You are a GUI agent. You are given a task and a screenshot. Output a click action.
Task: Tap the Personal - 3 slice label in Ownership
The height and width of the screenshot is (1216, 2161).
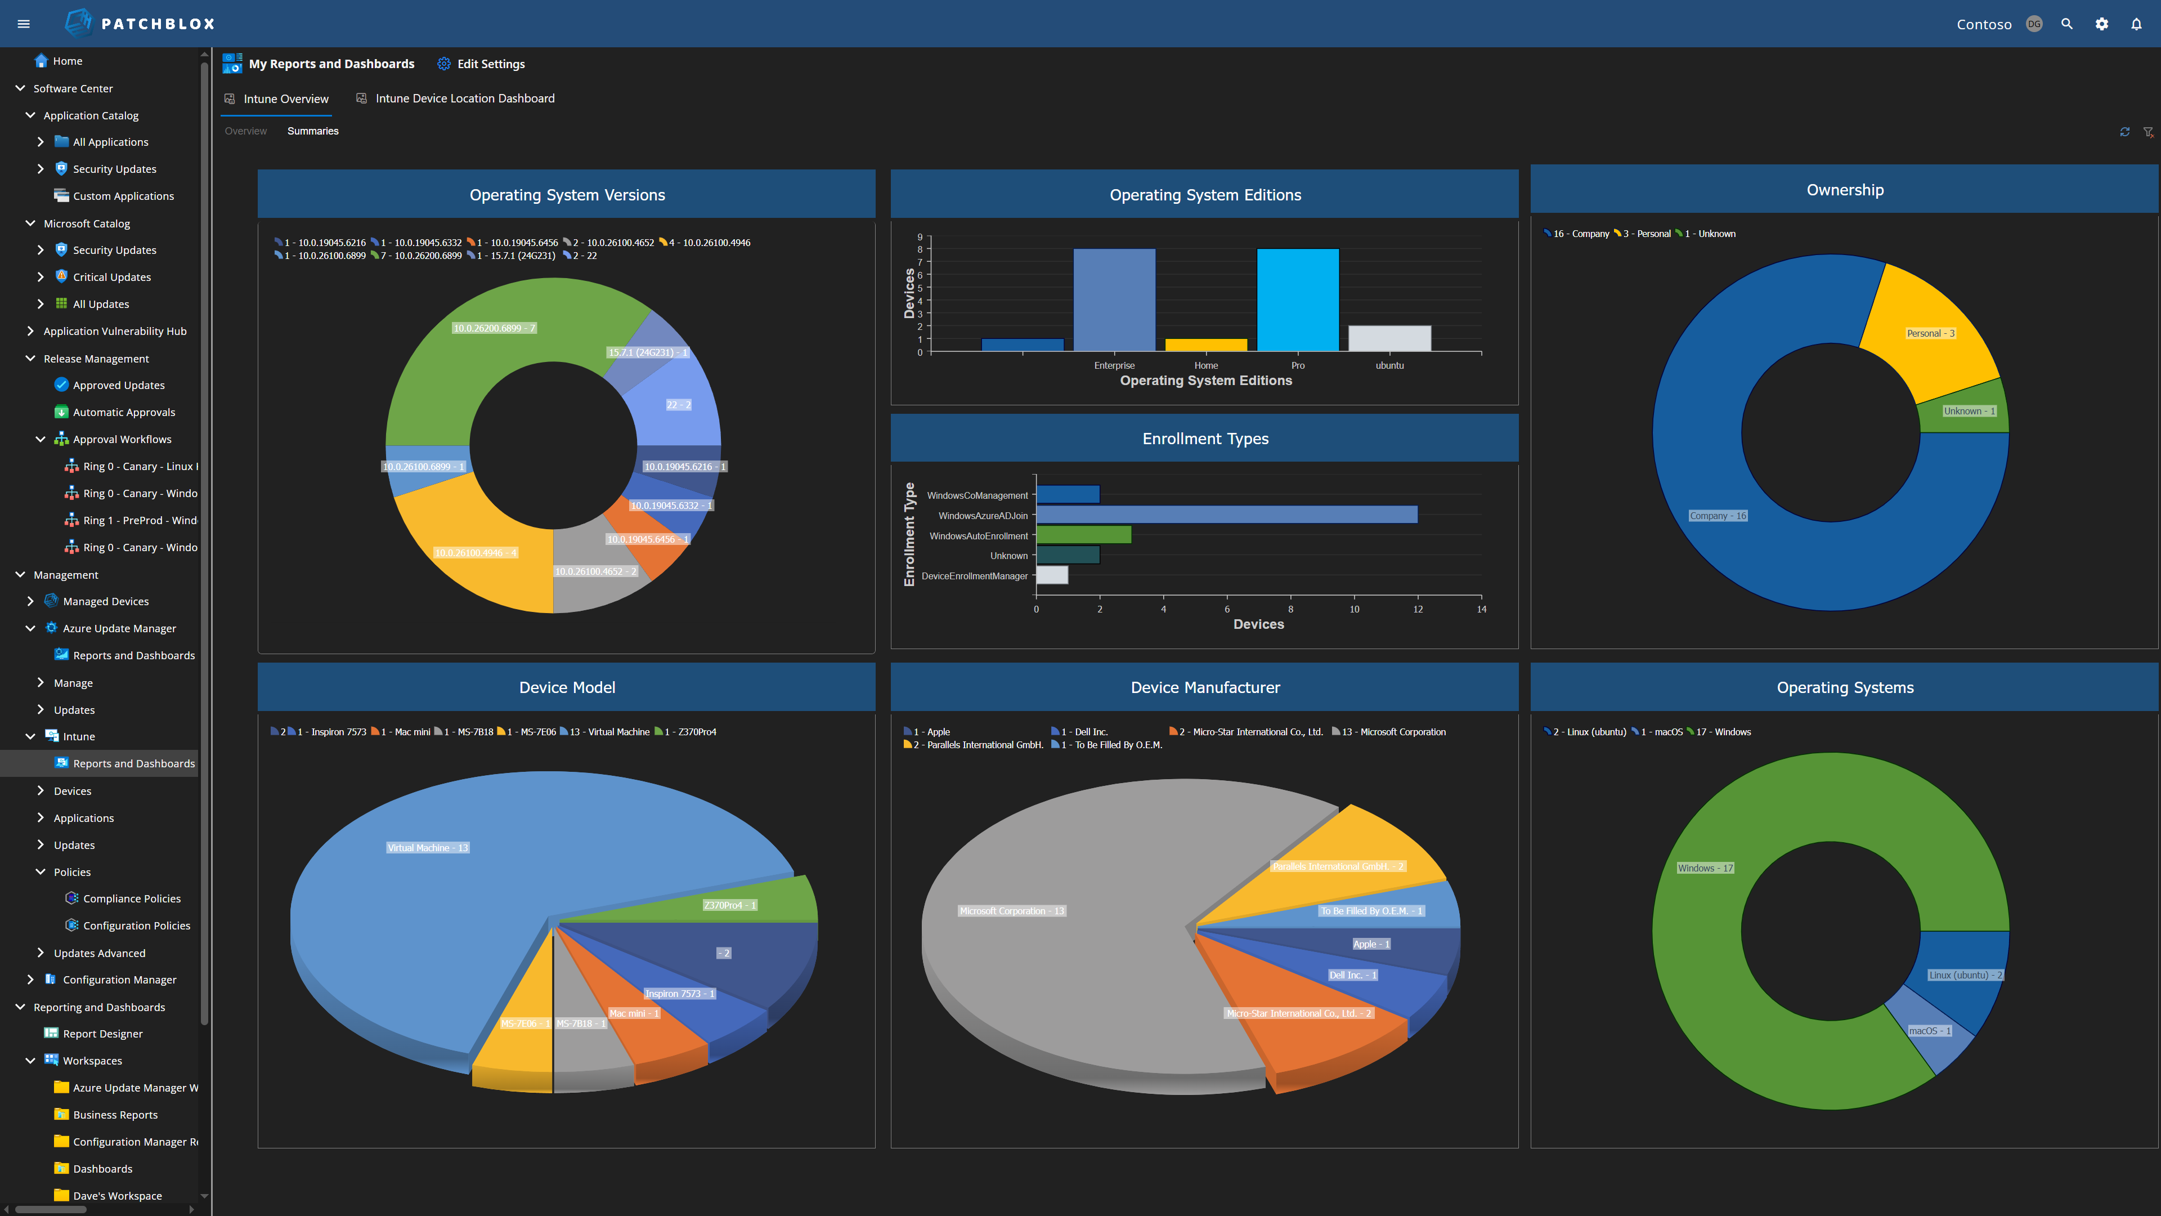1930,333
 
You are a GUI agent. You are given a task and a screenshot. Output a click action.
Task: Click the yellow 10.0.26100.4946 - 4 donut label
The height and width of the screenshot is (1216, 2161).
476,552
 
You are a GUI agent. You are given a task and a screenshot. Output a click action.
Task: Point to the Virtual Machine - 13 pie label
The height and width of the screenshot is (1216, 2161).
428,848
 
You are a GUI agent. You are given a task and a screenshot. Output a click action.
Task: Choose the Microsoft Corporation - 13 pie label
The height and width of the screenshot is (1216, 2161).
1012,910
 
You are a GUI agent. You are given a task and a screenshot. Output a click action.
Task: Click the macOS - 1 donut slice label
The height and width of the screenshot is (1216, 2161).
1930,1031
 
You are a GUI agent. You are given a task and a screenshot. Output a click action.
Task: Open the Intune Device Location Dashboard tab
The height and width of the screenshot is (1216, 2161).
465,98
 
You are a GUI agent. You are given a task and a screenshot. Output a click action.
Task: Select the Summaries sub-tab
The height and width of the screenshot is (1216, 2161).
313,131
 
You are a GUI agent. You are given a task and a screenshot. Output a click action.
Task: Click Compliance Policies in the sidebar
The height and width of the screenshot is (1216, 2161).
132,899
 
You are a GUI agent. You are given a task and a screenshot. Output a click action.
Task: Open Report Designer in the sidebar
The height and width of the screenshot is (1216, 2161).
102,1034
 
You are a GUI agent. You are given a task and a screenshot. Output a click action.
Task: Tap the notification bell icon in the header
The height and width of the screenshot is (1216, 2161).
2136,24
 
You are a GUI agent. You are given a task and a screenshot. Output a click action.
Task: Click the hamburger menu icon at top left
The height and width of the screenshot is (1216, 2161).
24,24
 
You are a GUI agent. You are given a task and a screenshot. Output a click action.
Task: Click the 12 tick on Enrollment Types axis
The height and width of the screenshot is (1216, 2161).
1418,609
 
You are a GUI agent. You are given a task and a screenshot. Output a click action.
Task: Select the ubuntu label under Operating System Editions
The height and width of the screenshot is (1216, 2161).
1389,365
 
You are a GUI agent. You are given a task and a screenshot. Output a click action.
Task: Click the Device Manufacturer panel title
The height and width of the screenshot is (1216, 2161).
1205,687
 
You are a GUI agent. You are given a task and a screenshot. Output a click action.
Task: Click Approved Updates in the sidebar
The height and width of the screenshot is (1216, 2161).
118,385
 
